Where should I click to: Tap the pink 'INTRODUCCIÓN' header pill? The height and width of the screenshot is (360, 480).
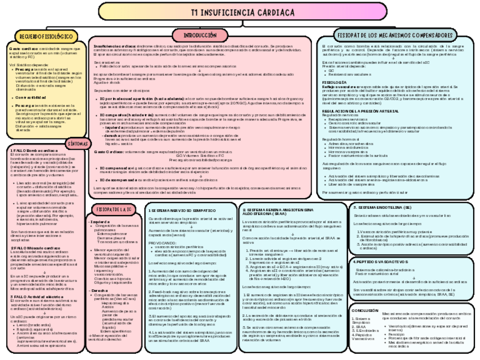point(200,35)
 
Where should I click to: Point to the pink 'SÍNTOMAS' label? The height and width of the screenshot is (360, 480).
point(76,143)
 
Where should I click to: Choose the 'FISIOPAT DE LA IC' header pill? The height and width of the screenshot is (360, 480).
point(114,209)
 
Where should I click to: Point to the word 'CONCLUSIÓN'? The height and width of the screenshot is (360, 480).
point(365,311)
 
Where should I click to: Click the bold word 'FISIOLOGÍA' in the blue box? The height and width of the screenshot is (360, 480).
point(334,82)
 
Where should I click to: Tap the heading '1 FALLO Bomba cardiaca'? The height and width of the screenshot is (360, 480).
point(34,151)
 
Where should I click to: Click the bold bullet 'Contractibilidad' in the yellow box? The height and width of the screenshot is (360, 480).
point(36,97)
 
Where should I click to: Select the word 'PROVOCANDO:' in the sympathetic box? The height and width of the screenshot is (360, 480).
point(162,242)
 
